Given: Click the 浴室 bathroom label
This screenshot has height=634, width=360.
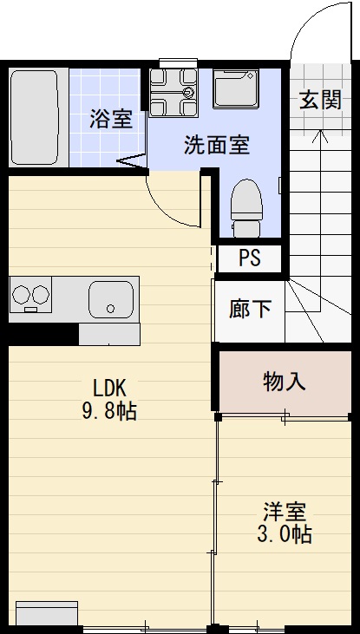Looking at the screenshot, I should pos(112,119).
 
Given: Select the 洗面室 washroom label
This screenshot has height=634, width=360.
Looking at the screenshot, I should pos(216,145).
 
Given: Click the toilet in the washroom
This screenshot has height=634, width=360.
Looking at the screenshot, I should pos(247,207).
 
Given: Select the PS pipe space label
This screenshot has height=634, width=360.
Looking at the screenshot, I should pos(249,258).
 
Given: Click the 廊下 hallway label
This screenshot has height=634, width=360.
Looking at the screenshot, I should pos(249,310).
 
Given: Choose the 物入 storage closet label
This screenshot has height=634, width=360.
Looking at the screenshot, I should pos(284,382).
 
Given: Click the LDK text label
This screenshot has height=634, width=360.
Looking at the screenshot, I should pos(109,388).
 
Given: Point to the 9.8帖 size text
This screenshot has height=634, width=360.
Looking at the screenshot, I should pos(109,411).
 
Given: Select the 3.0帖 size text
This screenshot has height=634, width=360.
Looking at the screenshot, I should pos(284,534).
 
